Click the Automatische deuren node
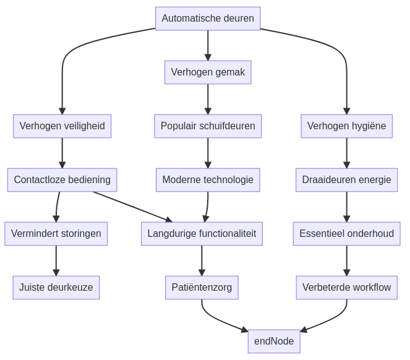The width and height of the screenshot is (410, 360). (208, 19)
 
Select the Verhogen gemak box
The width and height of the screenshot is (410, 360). (208, 72)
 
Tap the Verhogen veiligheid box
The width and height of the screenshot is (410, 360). (62, 126)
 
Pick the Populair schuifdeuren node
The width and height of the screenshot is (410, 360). (208, 126)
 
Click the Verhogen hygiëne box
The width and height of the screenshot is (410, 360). (346, 126)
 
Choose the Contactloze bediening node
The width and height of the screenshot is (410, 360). (62, 180)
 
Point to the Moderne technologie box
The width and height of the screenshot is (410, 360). (208, 180)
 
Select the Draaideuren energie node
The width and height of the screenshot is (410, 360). (346, 180)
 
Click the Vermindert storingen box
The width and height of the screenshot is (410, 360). (56, 234)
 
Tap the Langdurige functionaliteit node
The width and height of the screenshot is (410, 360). (202, 234)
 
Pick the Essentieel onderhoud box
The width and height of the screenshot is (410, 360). (346, 234)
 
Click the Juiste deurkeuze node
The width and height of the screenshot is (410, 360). (56, 288)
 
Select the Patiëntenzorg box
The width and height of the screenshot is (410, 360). (202, 288)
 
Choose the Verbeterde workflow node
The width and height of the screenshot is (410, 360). (346, 288)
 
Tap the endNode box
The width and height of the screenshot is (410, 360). (274, 341)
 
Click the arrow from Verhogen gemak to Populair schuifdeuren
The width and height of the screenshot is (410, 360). (208, 99)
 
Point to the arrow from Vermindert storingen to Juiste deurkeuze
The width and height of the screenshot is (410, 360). (56, 260)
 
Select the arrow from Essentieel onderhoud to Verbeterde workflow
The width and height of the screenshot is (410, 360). (346, 260)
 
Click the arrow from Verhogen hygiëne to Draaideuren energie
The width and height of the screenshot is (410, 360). (346, 153)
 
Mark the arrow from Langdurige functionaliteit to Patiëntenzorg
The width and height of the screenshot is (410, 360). (202, 260)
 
